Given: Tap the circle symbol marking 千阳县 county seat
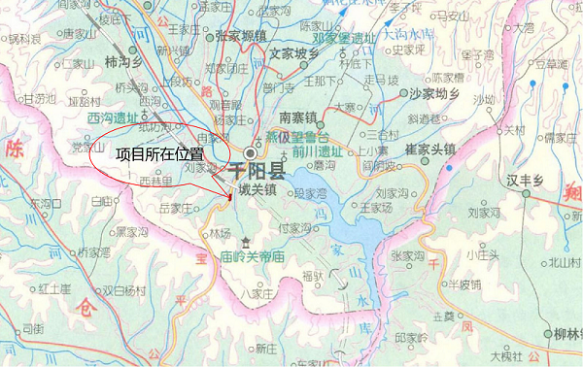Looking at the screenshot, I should click(x=252, y=154).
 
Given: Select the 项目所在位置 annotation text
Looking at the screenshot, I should click(x=159, y=153).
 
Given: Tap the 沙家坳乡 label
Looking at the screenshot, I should click(x=432, y=93).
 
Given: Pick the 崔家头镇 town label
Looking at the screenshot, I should click(x=430, y=150).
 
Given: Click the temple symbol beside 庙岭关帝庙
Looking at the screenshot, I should click(x=247, y=242).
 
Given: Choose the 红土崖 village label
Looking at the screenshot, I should click(x=55, y=289).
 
